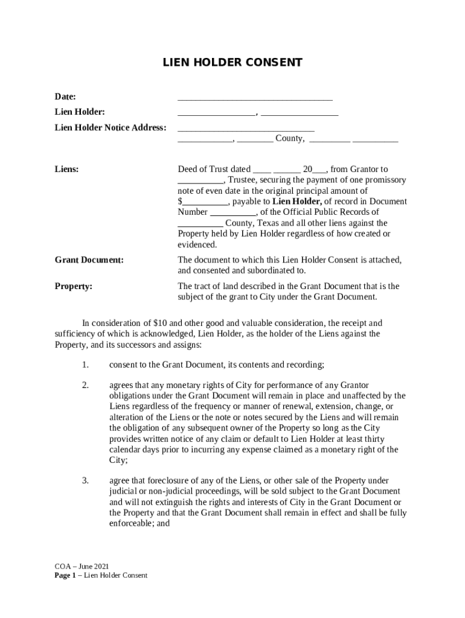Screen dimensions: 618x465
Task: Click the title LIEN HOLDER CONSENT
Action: click(x=232, y=63)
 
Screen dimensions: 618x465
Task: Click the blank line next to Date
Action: click(x=255, y=97)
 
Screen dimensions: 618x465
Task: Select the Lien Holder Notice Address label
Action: click(x=111, y=127)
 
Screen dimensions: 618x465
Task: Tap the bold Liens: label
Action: click(x=67, y=170)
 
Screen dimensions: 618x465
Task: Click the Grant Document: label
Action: click(x=89, y=260)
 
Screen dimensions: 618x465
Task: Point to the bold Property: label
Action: click(x=74, y=286)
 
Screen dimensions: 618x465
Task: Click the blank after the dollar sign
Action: click(x=205, y=202)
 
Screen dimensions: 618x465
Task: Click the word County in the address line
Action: click(x=289, y=139)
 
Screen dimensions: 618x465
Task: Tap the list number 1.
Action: click(x=85, y=365)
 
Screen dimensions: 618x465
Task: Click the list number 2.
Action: click(x=85, y=385)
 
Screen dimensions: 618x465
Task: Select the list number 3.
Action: click(x=85, y=480)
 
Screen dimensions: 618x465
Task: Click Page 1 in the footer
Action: click(x=66, y=575)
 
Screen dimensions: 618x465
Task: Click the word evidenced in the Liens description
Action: click(x=196, y=244)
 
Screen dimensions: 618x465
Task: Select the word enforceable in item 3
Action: click(x=132, y=524)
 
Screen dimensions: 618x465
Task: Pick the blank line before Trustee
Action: click(x=200, y=180)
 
